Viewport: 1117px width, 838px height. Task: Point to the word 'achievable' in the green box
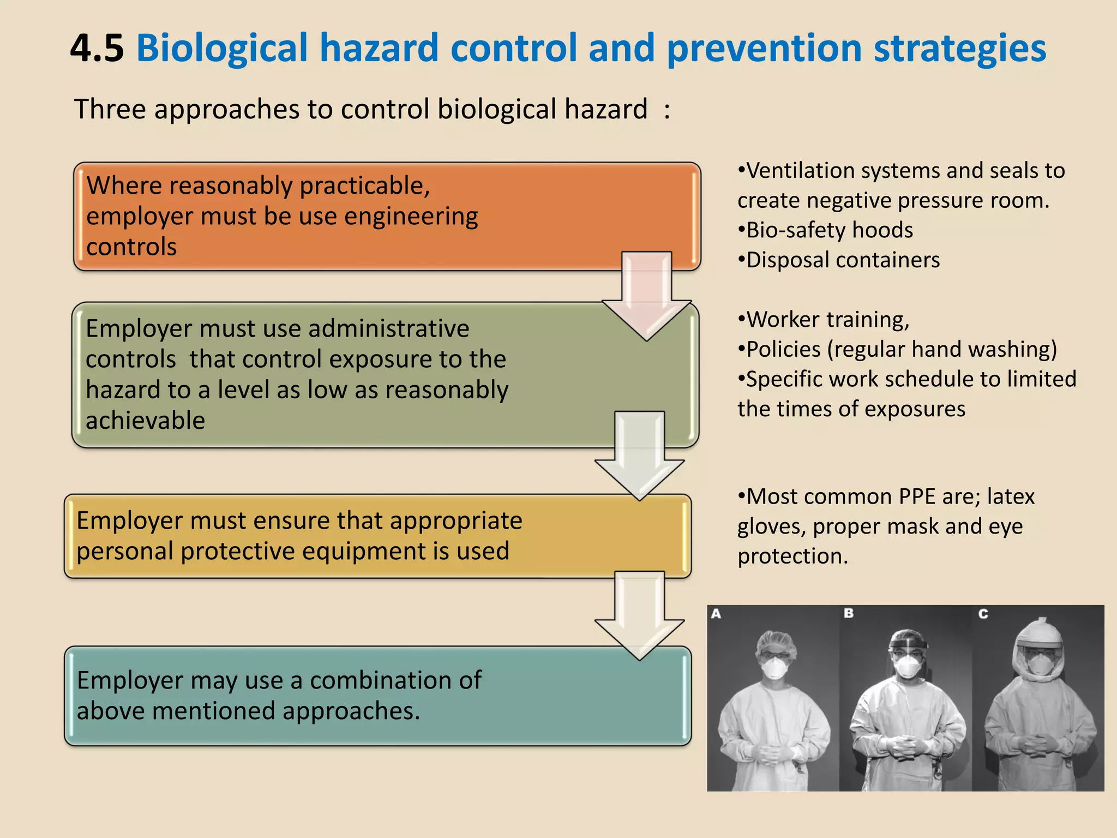(145, 421)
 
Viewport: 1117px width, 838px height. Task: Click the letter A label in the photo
(716, 614)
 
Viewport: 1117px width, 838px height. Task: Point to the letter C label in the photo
(983, 614)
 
